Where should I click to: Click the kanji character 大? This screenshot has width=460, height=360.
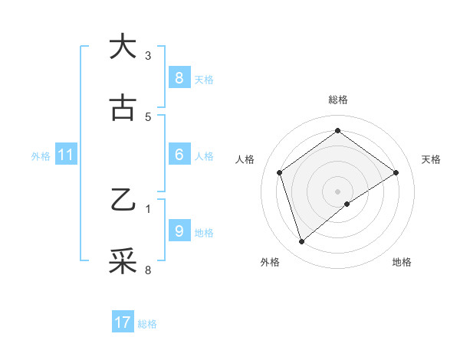coord(123,47)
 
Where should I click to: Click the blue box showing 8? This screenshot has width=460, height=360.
coord(179,78)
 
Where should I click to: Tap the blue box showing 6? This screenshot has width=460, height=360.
coord(179,155)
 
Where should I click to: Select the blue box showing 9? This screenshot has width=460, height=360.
coord(179,231)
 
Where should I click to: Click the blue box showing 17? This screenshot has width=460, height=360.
coord(122,322)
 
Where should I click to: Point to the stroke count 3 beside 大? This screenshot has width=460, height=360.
coord(148,55)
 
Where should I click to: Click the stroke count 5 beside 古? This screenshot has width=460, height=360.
coord(148,117)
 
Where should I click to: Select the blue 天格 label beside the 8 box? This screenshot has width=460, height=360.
coord(204,79)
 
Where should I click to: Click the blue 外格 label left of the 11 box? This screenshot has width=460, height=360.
coord(41,156)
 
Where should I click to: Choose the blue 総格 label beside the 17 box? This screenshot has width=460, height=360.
coord(147,324)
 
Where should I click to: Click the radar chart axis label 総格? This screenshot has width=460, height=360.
coord(338,100)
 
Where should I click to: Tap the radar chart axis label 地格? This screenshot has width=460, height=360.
coord(402,262)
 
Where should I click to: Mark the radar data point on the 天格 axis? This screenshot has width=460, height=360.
coord(396,172)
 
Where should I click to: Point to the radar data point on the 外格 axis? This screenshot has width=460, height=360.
coord(302,242)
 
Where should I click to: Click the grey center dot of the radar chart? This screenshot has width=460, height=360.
coord(338,191)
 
